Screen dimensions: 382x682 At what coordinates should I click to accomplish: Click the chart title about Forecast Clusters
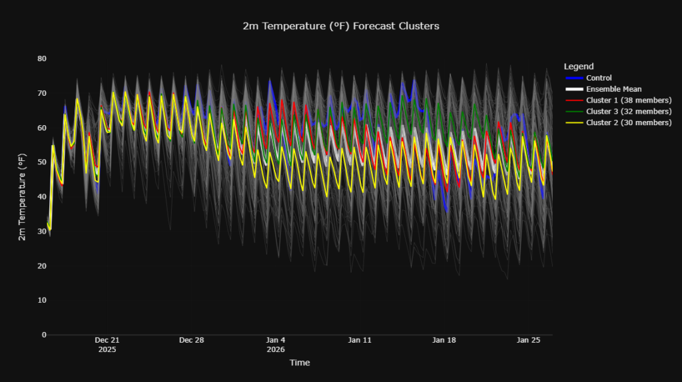point(341,26)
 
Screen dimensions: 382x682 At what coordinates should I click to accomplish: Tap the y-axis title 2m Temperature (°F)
point(22,196)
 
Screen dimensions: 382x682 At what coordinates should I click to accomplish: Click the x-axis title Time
point(299,363)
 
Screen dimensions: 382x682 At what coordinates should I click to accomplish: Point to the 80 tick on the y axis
point(41,59)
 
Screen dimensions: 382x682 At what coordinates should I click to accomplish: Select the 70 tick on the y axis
point(41,93)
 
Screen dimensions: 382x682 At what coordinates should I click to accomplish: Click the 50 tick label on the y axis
point(41,162)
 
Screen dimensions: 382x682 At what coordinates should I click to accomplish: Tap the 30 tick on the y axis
point(41,231)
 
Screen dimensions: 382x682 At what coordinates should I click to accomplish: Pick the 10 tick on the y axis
point(41,300)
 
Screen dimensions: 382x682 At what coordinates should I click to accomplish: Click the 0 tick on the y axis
point(44,335)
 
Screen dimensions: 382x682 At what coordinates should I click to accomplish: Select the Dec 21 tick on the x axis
point(107,340)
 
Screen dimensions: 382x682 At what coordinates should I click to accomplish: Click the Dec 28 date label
point(191,340)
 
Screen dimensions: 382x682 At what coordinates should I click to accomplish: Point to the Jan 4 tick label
point(276,340)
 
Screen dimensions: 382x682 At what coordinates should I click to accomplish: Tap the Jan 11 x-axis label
point(360,340)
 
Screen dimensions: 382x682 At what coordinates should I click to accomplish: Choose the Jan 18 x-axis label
point(444,340)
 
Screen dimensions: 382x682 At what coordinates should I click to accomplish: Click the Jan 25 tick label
point(529,340)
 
